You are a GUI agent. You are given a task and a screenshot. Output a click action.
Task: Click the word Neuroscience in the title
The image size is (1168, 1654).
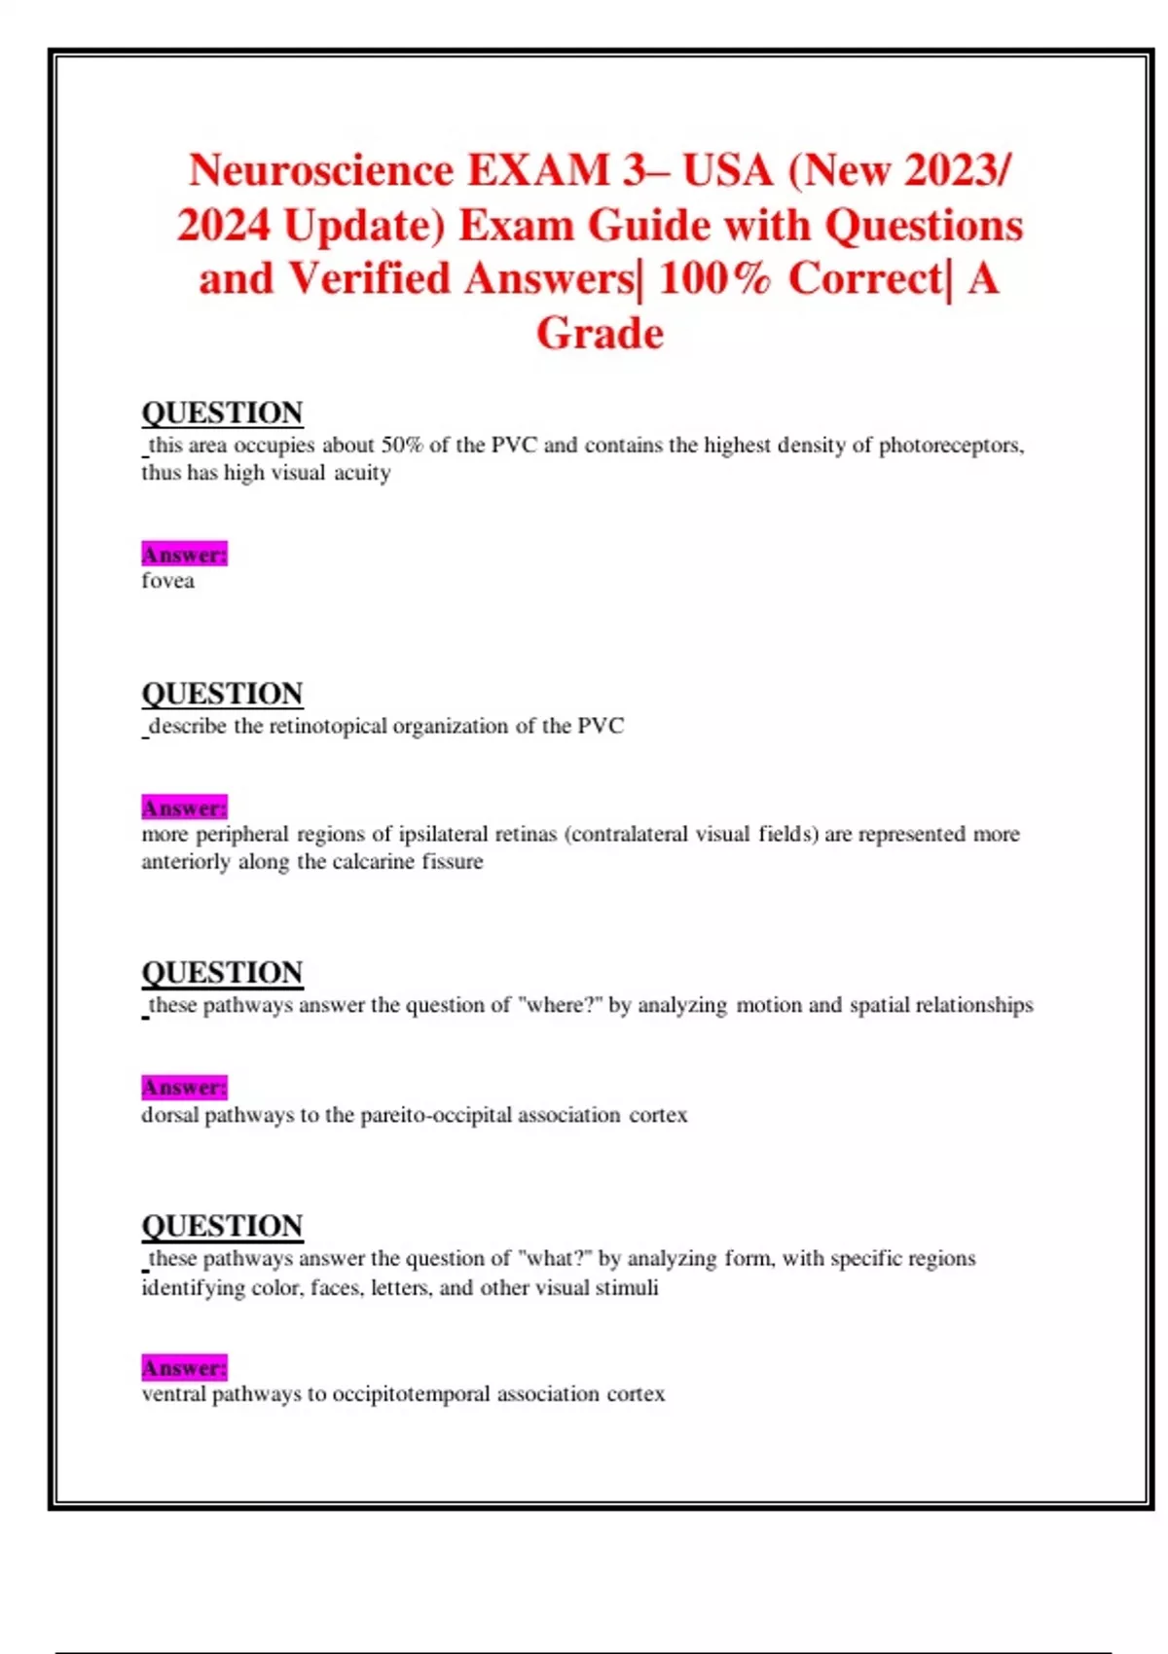pos(321,171)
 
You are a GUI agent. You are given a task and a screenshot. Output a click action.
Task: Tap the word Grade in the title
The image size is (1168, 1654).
pos(600,334)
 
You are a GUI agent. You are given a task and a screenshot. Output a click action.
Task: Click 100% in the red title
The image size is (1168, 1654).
pos(713,279)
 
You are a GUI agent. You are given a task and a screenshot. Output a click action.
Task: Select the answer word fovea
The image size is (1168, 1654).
pos(167,581)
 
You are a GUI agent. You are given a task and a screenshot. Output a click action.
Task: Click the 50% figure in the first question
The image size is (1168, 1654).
pos(401,446)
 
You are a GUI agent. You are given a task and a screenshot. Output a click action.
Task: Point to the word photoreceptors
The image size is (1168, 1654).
pos(951,446)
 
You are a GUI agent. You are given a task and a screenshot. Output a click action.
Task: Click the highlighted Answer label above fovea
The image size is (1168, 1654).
pos(184,555)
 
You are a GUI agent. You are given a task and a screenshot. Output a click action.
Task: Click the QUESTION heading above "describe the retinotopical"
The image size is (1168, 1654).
pos(222,694)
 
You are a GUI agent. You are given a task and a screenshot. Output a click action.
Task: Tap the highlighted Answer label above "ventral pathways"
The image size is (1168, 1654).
pos(184,1368)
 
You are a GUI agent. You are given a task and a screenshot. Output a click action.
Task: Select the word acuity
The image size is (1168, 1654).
pos(362,473)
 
